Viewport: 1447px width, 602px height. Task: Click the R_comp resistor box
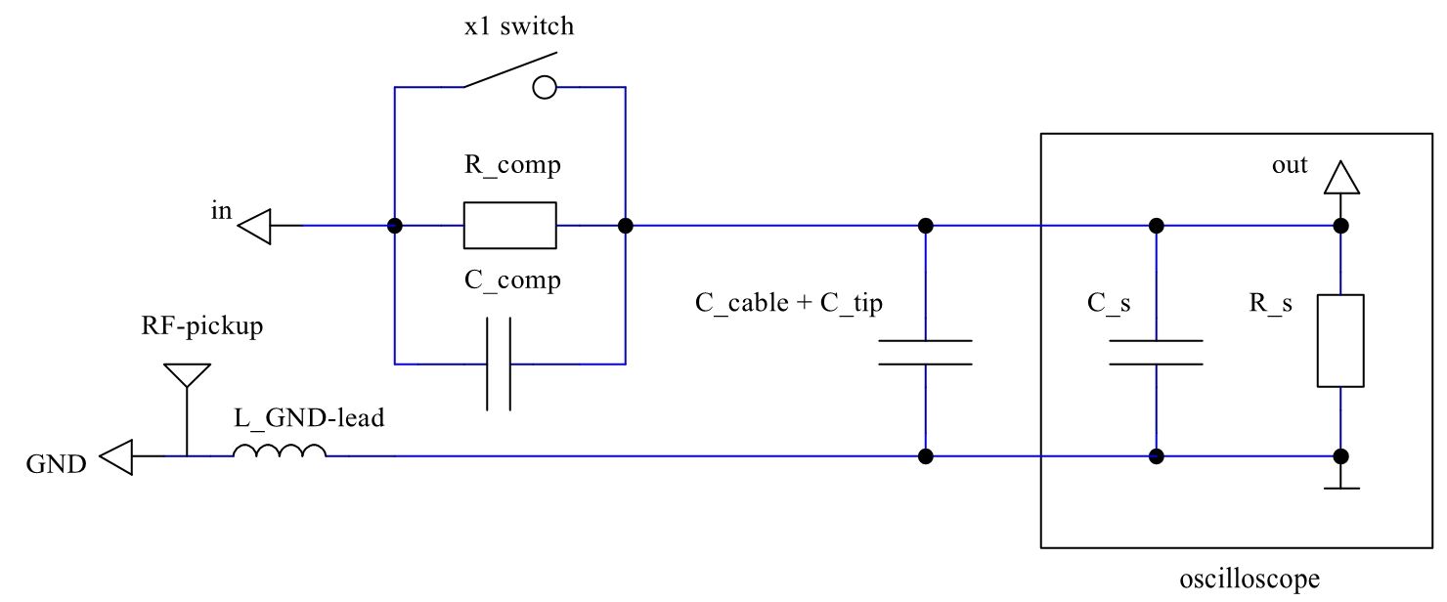point(509,226)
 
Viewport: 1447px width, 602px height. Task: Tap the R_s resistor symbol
point(1340,340)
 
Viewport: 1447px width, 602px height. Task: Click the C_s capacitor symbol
point(1156,353)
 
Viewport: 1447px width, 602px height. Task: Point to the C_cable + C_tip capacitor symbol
point(925,353)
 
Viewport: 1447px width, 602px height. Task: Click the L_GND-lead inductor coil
point(280,451)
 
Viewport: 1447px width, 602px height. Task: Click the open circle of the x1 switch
point(544,89)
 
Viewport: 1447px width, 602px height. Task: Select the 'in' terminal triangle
point(254,227)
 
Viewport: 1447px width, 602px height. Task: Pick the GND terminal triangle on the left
point(117,456)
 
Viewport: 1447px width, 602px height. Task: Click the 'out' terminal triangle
point(1340,179)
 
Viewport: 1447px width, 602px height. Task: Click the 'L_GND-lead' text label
point(309,419)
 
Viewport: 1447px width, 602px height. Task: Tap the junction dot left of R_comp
point(395,226)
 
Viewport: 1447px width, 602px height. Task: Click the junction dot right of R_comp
point(626,226)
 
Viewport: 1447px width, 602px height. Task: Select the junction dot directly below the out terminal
point(1340,226)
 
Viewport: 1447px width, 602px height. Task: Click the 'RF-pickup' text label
point(202,326)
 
